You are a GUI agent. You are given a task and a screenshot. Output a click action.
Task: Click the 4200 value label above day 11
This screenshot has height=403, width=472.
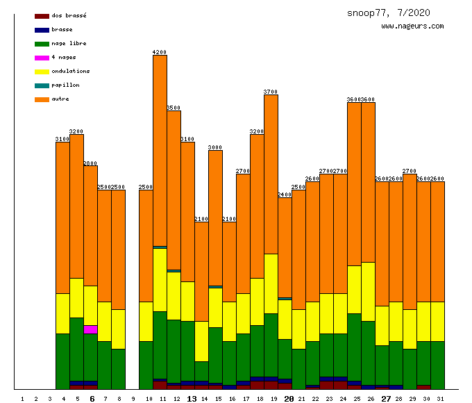pyautogui.click(x=160, y=52)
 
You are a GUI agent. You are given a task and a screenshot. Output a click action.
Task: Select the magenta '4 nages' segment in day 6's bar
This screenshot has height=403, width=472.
pyautogui.click(x=90, y=329)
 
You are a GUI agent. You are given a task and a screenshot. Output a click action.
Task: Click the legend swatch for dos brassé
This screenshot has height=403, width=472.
pyautogui.click(x=42, y=16)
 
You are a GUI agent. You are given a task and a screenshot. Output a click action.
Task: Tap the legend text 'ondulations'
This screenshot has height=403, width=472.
pyautogui.click(x=70, y=71)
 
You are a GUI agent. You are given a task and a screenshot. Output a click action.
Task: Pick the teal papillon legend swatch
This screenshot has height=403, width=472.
pyautogui.click(x=42, y=85)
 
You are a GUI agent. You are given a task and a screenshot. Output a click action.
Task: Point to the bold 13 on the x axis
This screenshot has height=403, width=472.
pyautogui.click(x=192, y=399)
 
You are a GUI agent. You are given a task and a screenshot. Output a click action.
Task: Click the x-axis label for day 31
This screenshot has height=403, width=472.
pyautogui.click(x=440, y=399)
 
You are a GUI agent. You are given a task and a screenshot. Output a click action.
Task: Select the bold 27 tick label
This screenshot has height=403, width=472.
pyautogui.click(x=386, y=399)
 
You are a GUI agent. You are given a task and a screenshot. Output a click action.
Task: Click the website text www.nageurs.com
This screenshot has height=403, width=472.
pyautogui.click(x=412, y=26)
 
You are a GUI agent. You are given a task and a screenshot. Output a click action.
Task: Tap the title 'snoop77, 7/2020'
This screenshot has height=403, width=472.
pyautogui.click(x=389, y=13)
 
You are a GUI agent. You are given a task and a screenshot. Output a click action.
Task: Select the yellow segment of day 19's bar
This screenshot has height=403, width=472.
pyautogui.click(x=271, y=283)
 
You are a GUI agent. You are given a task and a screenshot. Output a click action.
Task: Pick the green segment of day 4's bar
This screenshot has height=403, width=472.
pyautogui.click(x=62, y=361)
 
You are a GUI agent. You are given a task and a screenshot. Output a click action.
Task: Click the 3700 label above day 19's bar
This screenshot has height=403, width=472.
pyautogui.click(x=271, y=92)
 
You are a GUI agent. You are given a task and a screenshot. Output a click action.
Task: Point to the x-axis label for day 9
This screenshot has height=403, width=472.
pyautogui.click(x=133, y=399)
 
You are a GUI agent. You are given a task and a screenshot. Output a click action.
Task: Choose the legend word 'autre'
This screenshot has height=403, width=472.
pyautogui.click(x=60, y=99)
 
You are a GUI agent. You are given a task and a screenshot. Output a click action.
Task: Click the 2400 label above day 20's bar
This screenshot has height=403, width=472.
pyautogui.click(x=285, y=195)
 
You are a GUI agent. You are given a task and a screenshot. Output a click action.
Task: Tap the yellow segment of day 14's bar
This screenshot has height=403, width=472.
pyautogui.click(x=201, y=341)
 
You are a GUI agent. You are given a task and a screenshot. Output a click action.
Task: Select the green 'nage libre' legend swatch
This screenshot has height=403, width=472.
pyautogui.click(x=42, y=44)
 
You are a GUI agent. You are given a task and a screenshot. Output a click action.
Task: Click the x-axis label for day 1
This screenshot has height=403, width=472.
pyautogui.click(x=22, y=399)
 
